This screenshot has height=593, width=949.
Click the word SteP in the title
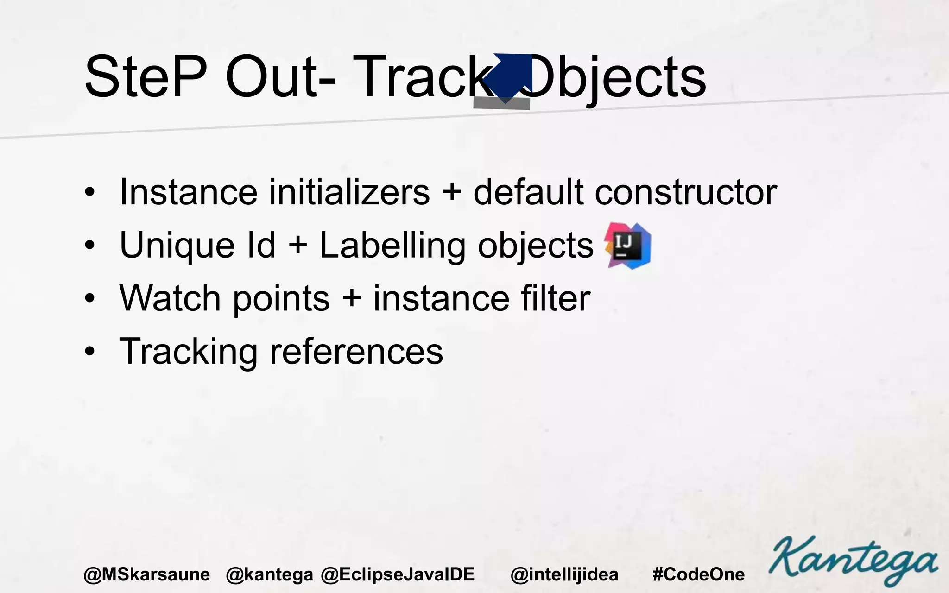(x=145, y=77)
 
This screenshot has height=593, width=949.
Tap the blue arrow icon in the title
(x=509, y=77)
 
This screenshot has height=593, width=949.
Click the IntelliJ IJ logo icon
(x=628, y=246)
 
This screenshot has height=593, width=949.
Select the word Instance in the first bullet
(x=188, y=192)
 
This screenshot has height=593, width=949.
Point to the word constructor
(x=685, y=192)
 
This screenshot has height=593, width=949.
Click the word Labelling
(x=392, y=246)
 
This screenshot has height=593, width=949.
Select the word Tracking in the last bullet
(x=188, y=352)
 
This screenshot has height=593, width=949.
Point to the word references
(x=356, y=352)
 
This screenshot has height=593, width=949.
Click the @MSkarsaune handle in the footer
(x=146, y=574)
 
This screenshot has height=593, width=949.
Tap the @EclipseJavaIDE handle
(x=398, y=574)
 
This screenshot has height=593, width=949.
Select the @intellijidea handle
(x=564, y=574)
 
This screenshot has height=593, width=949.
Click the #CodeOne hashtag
(x=698, y=574)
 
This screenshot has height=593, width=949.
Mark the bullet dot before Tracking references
(x=89, y=352)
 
